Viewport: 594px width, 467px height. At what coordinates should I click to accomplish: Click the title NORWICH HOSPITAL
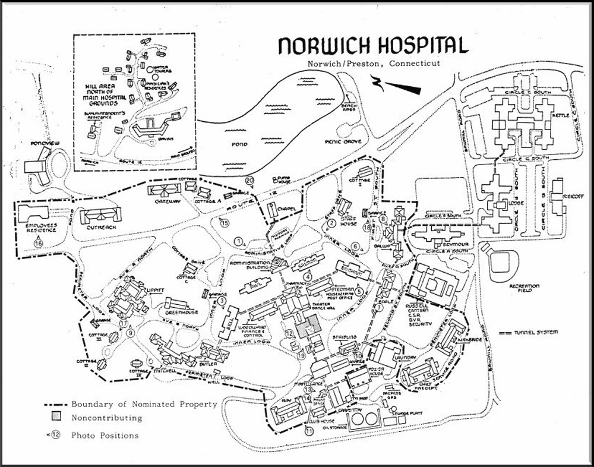tap(374, 46)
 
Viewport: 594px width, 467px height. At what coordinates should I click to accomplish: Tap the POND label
tap(240, 144)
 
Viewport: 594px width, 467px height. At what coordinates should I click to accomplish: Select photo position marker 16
tap(39, 242)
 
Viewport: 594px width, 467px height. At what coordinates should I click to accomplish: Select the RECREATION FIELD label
tap(523, 289)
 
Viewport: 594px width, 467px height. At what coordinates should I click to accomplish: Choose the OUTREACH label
tap(100, 226)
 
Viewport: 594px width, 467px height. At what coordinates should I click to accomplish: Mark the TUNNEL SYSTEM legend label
tap(537, 332)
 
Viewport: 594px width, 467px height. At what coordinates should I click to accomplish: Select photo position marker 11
tap(309, 432)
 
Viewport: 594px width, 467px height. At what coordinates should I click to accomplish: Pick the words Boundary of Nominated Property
tap(144, 404)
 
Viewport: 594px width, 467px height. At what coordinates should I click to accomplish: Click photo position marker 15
tap(224, 223)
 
